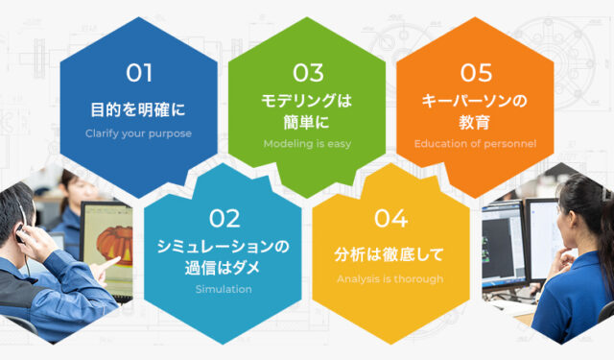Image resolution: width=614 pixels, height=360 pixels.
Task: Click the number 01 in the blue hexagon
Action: (x=139, y=72)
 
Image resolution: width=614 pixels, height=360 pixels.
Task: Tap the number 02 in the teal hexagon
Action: (x=224, y=218)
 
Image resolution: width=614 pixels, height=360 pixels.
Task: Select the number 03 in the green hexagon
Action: (x=308, y=72)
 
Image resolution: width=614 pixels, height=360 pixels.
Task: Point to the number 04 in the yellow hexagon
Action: (x=390, y=218)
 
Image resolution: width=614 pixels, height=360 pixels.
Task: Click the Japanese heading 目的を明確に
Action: (x=139, y=108)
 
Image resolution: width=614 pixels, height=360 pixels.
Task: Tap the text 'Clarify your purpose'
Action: (x=139, y=133)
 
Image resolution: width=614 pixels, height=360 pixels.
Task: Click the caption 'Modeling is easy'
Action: (x=308, y=144)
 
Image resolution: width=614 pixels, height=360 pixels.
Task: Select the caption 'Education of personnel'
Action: (x=475, y=144)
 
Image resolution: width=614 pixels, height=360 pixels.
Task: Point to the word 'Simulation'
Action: (x=223, y=289)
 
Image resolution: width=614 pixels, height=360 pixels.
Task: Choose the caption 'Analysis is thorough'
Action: (x=390, y=279)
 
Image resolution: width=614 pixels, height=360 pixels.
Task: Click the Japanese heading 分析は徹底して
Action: (x=390, y=254)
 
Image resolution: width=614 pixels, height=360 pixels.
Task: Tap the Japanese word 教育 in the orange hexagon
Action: (x=475, y=122)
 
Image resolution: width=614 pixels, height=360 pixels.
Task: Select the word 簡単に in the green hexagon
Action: (x=308, y=122)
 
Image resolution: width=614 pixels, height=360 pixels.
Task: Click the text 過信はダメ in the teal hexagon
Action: (x=223, y=267)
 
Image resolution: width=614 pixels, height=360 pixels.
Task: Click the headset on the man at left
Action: (x=21, y=230)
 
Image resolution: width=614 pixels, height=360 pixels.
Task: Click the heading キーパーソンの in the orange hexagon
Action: (x=475, y=100)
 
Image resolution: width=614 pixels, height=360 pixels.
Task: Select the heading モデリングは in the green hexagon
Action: (x=308, y=100)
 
